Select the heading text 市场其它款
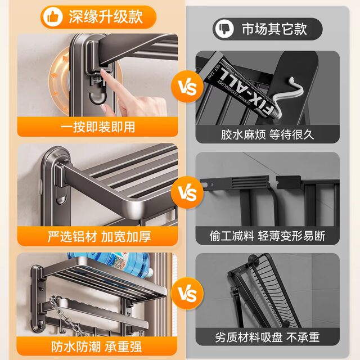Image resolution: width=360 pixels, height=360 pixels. coord(274,28)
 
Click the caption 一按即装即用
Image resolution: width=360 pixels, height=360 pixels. coord(98,127)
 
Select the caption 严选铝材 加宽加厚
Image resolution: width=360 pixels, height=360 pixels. coord(98,235)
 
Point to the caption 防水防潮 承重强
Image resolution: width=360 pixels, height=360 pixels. coord(98,337)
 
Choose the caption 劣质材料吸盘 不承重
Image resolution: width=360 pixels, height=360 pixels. coord(267,337)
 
